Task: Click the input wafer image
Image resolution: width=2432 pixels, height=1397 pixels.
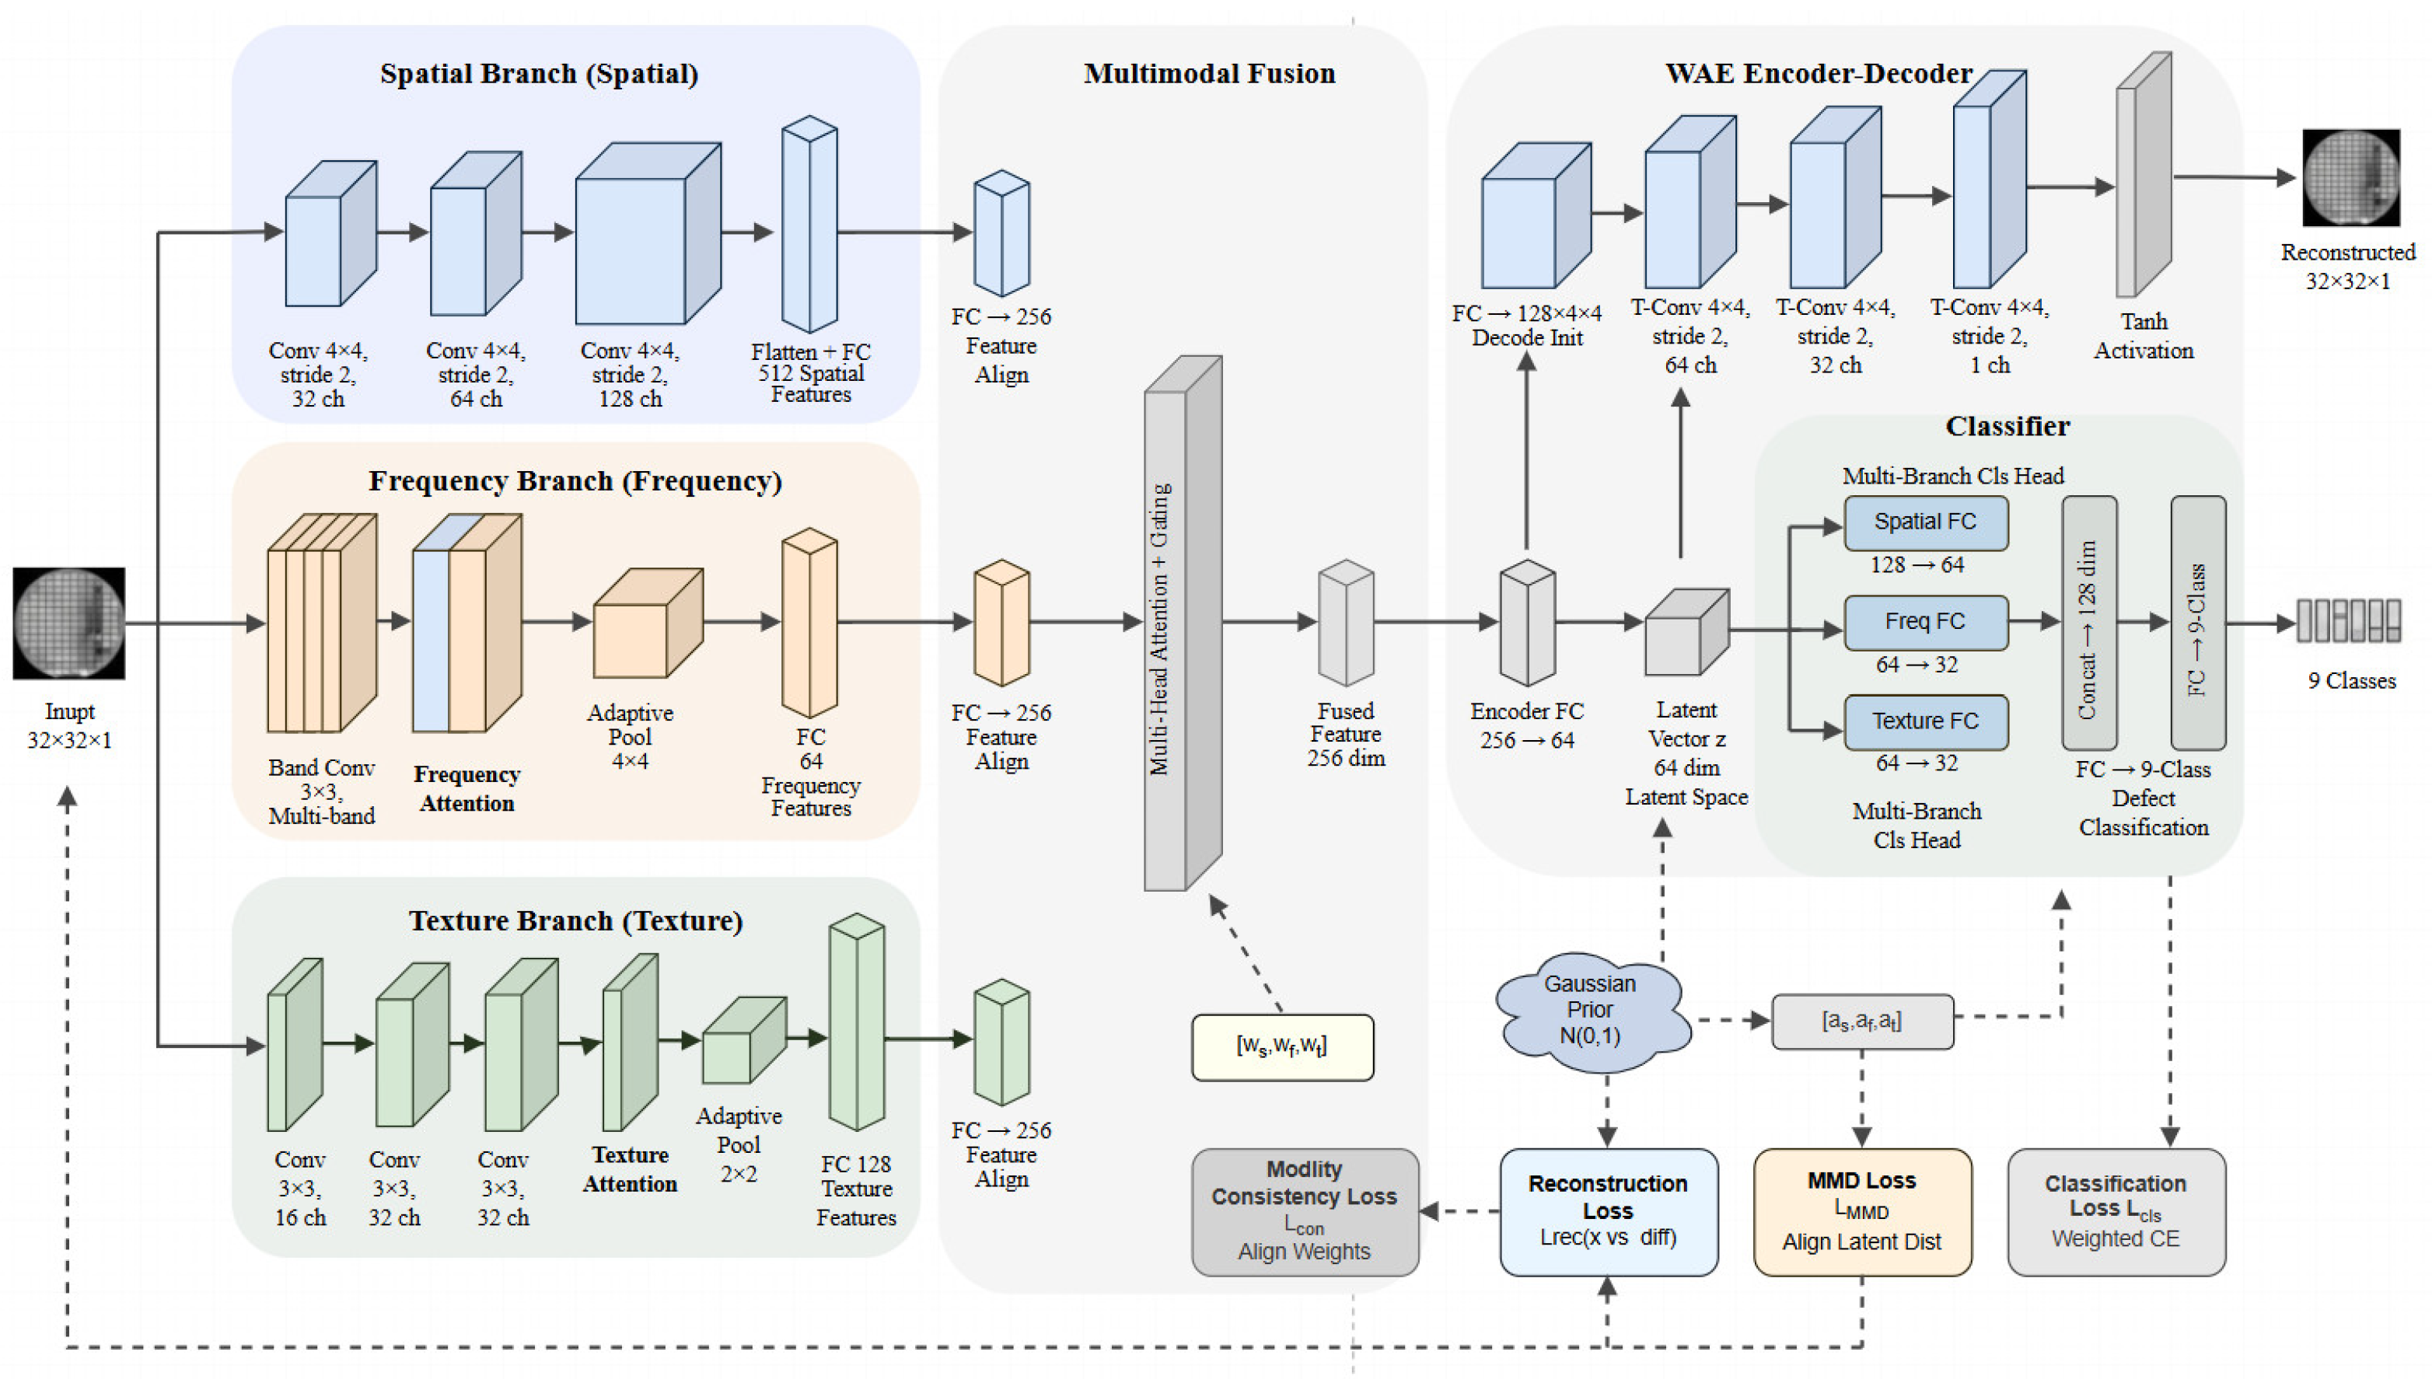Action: (x=68, y=623)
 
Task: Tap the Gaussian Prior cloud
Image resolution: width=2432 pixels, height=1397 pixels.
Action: (x=1590, y=1011)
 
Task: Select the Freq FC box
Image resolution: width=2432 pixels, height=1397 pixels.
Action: (x=1924, y=622)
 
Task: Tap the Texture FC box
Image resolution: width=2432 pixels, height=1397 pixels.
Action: (x=1924, y=721)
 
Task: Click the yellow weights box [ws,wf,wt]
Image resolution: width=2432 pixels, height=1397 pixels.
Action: (x=1282, y=1047)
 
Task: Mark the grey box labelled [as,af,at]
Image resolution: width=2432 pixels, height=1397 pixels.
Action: (x=1861, y=1021)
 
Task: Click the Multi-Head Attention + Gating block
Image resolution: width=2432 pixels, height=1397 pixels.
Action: (x=1182, y=623)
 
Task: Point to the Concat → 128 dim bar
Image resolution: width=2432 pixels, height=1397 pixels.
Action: (x=2088, y=623)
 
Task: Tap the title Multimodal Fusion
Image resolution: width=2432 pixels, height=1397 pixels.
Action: (x=1209, y=74)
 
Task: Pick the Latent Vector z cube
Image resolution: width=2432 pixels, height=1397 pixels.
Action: (x=1686, y=634)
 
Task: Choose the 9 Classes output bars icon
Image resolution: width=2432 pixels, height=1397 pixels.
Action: (x=2349, y=621)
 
